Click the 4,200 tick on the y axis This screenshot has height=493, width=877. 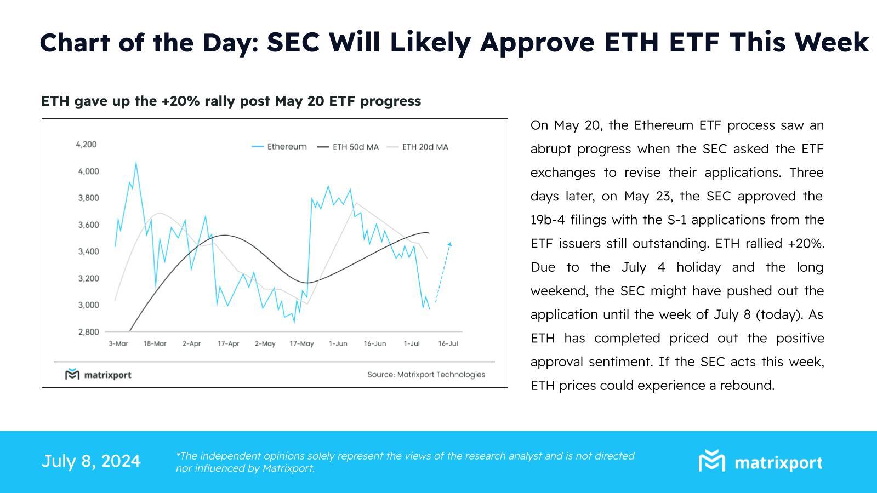pyautogui.click(x=86, y=145)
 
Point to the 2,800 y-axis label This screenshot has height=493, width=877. pyautogui.click(x=88, y=332)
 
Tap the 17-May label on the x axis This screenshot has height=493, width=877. pyautogui.click(x=301, y=344)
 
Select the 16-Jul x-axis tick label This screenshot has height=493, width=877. pyautogui.click(x=448, y=344)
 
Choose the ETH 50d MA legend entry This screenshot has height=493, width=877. pyautogui.click(x=348, y=147)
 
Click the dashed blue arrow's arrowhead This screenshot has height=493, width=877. pyautogui.click(x=450, y=244)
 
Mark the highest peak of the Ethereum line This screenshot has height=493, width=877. pyautogui.click(x=136, y=162)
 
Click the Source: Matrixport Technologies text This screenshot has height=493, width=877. pyautogui.click(x=426, y=375)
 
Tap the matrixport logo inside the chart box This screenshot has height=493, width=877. pyautogui.click(x=99, y=375)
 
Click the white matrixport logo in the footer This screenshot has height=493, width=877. pyautogui.click(x=760, y=462)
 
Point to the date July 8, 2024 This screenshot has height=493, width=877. pyautogui.click(x=91, y=461)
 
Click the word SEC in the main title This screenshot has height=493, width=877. pyautogui.click(x=293, y=43)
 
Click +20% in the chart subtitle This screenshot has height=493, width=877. pyautogui.click(x=180, y=101)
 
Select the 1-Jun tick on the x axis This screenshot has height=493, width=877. pyautogui.click(x=338, y=344)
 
